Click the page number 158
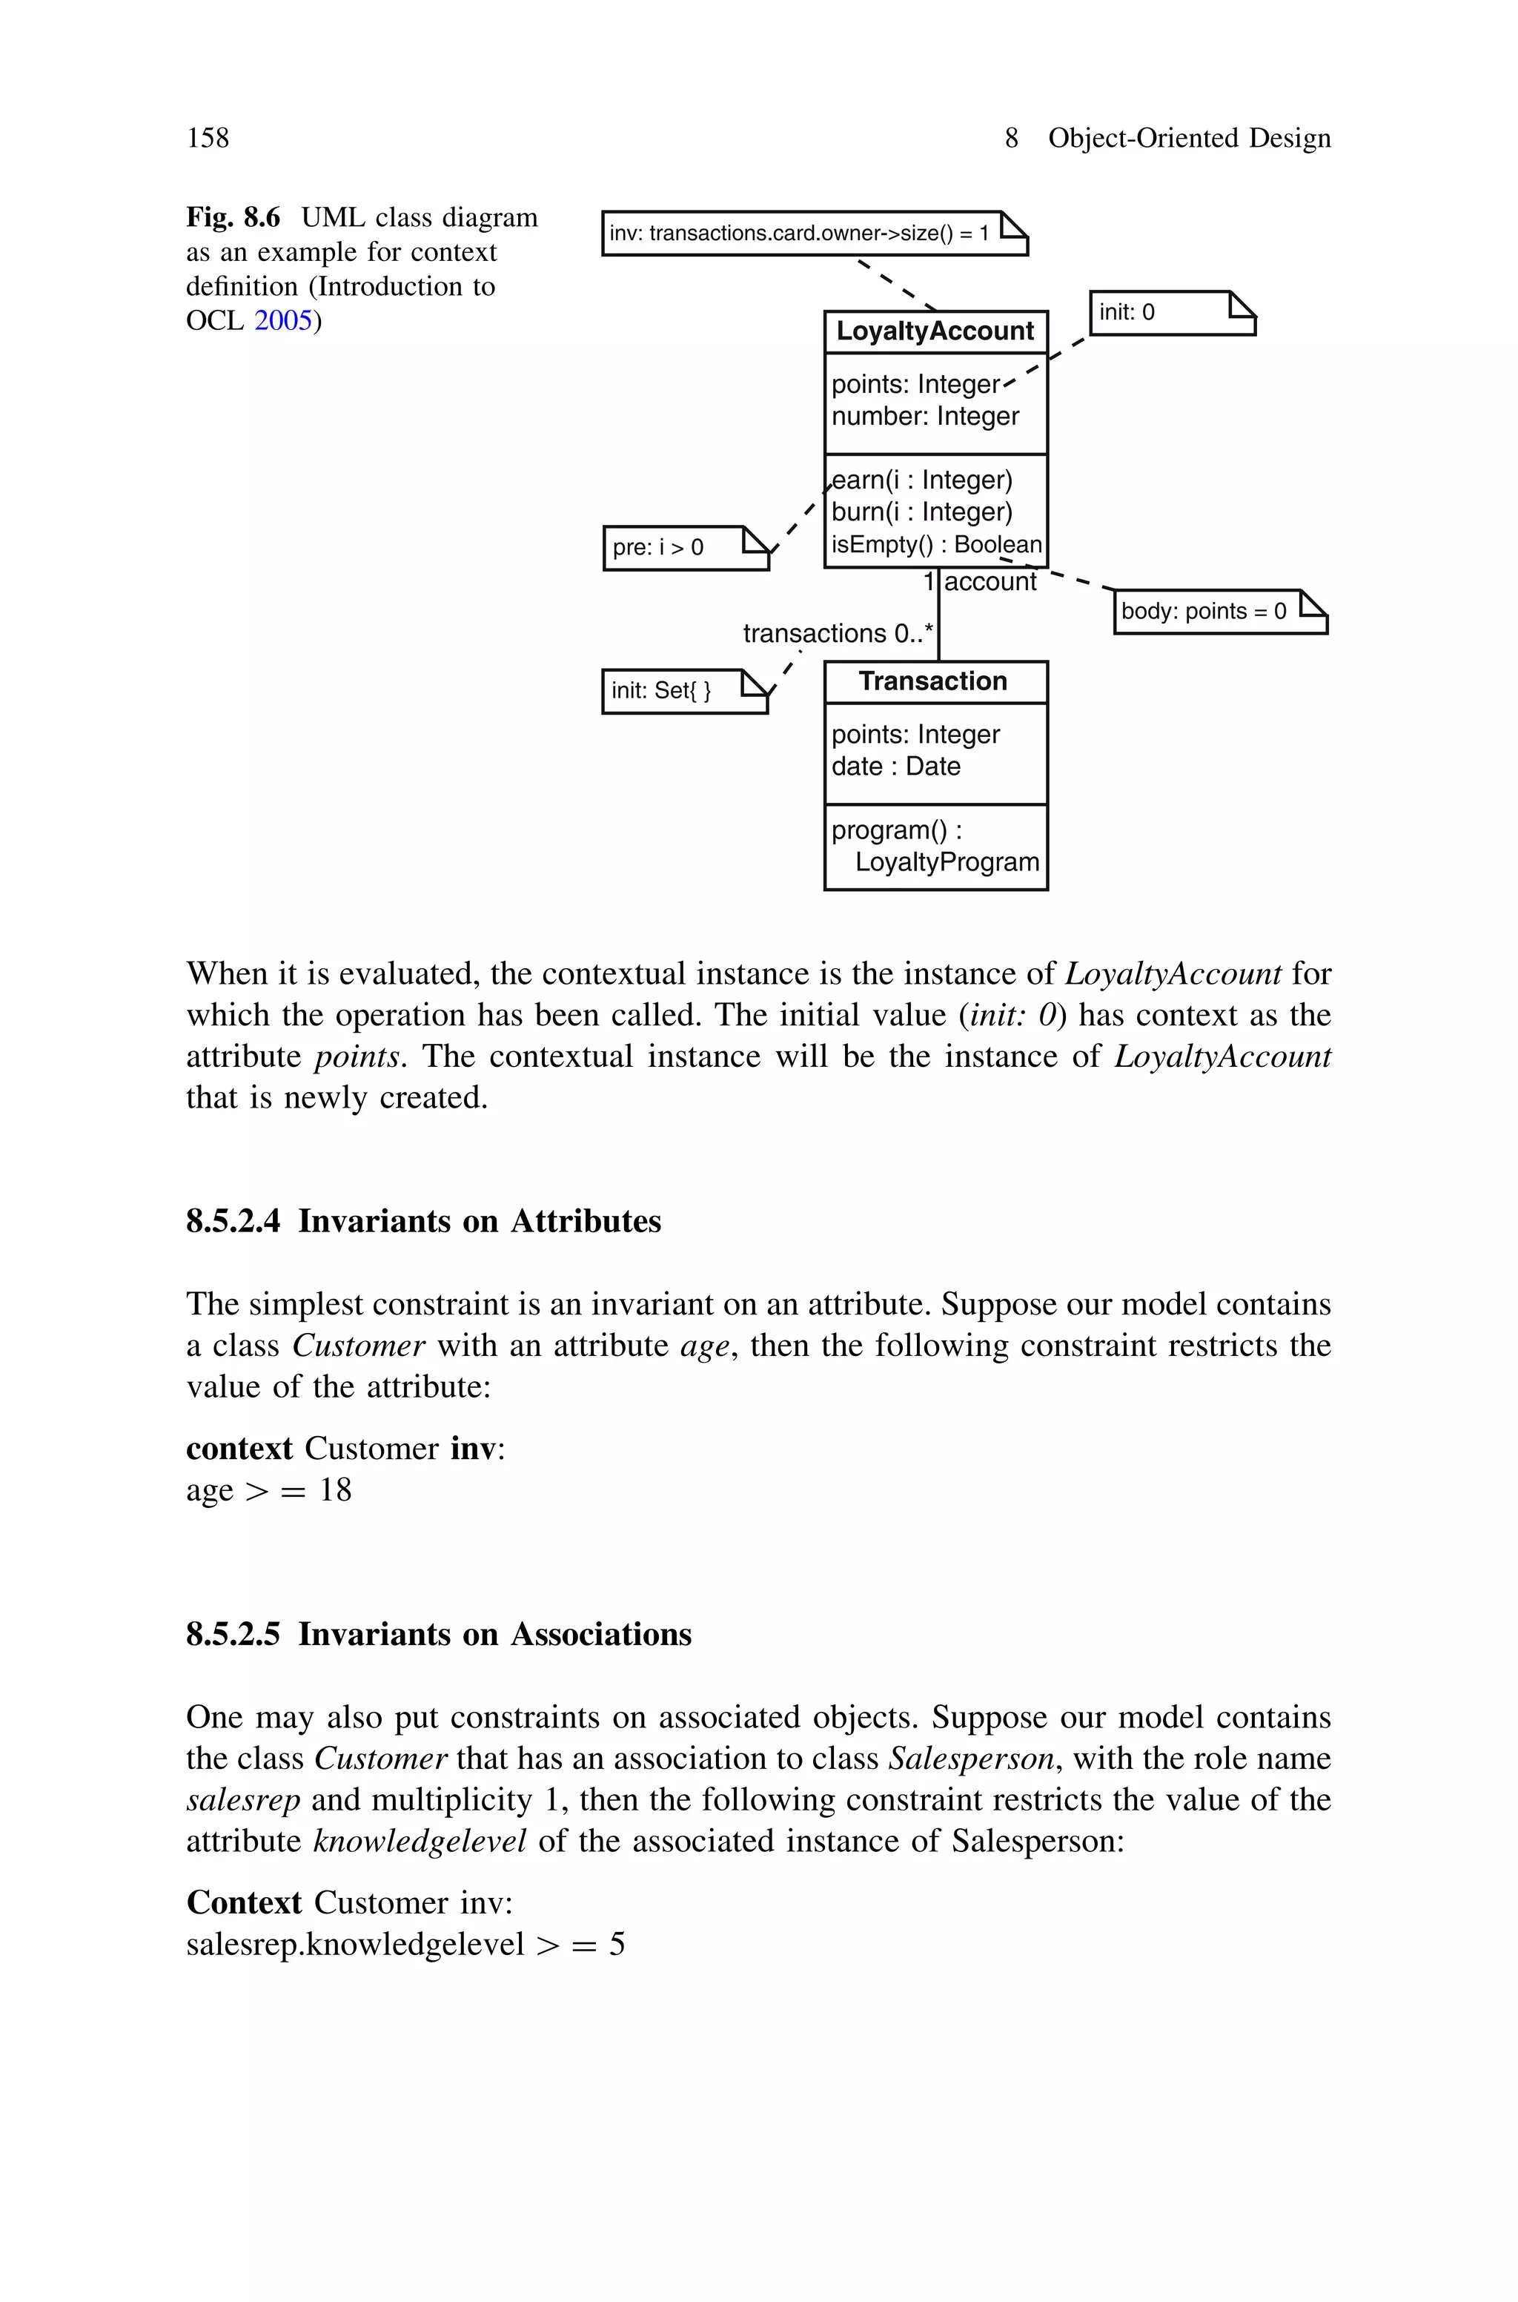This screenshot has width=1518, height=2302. tap(208, 139)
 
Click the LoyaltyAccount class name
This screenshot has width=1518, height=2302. tap(934, 331)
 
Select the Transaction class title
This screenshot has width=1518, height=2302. tap(933, 681)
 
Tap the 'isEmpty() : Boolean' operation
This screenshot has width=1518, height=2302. tap(935, 545)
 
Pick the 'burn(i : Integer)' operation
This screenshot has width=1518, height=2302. tap(921, 512)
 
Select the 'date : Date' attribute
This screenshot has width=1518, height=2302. tap(895, 767)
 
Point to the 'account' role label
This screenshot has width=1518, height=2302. tap(990, 582)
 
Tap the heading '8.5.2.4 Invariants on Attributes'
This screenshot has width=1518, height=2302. tap(423, 1221)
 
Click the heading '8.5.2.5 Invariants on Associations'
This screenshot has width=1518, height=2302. tap(439, 1634)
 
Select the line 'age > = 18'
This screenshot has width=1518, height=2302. tap(269, 1490)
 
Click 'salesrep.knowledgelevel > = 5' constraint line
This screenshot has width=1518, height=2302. tap(405, 1944)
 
